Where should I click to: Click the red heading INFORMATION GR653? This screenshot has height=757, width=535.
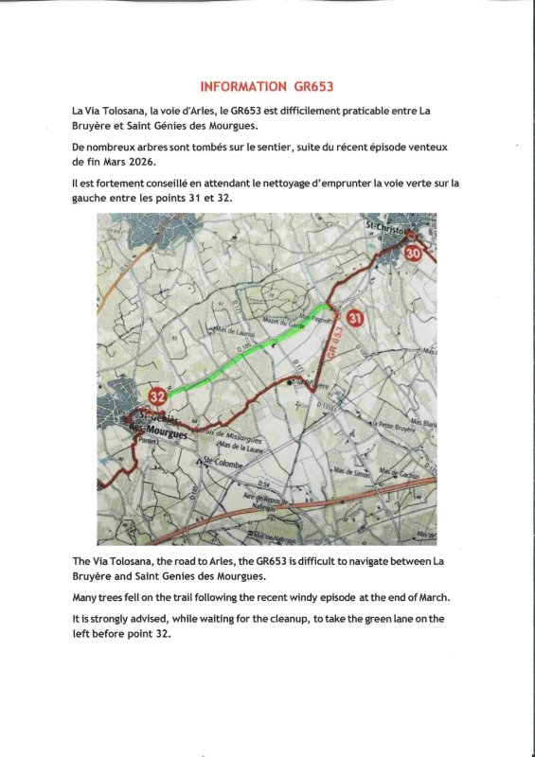coord(268,86)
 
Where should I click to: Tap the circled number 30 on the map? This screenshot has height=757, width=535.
coord(412,253)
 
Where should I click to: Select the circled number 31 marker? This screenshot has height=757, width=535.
coord(354,319)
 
